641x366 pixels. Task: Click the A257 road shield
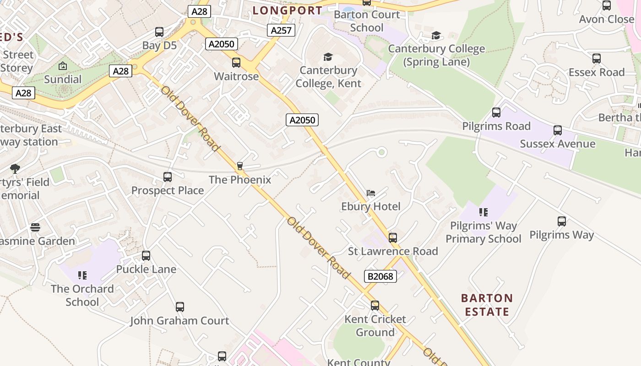[x=281, y=30]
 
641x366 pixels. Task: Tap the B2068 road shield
[x=380, y=276]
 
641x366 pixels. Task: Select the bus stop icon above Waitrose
[x=236, y=63]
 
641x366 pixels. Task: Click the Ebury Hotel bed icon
[x=371, y=193]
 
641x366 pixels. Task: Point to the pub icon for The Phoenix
[x=240, y=166]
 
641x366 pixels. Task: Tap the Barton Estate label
[x=487, y=305]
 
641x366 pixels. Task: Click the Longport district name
[x=288, y=10]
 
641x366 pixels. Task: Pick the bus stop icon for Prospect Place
[x=168, y=177]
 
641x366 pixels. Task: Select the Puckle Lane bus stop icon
[x=146, y=256]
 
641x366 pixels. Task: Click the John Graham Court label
[x=179, y=321]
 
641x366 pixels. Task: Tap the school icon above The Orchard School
[x=82, y=275]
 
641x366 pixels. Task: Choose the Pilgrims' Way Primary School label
[x=483, y=232]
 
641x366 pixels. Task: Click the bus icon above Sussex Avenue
[x=558, y=130]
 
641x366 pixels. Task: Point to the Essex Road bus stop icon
[x=597, y=59]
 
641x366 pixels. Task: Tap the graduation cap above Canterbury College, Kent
[x=328, y=57]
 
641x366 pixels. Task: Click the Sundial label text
[x=63, y=79]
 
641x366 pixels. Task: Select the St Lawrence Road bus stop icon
[x=393, y=237]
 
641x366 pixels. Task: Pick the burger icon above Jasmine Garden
[x=35, y=227]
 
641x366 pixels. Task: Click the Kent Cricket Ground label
[x=375, y=325]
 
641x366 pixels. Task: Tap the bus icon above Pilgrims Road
[x=496, y=113]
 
